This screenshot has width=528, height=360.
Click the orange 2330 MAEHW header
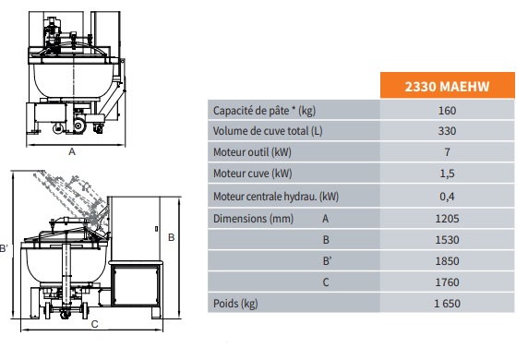point(447,86)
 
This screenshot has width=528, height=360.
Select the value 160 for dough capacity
point(447,111)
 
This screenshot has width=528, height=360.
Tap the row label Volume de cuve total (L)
point(268,131)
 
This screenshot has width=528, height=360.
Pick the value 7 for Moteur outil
point(447,152)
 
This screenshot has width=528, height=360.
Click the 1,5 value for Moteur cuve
point(447,174)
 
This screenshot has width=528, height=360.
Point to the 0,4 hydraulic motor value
point(447,196)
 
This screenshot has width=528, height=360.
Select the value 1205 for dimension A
point(447,219)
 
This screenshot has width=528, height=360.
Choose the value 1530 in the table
point(447,240)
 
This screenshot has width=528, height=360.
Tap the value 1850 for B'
point(447,261)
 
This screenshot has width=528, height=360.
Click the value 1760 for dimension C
point(447,282)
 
